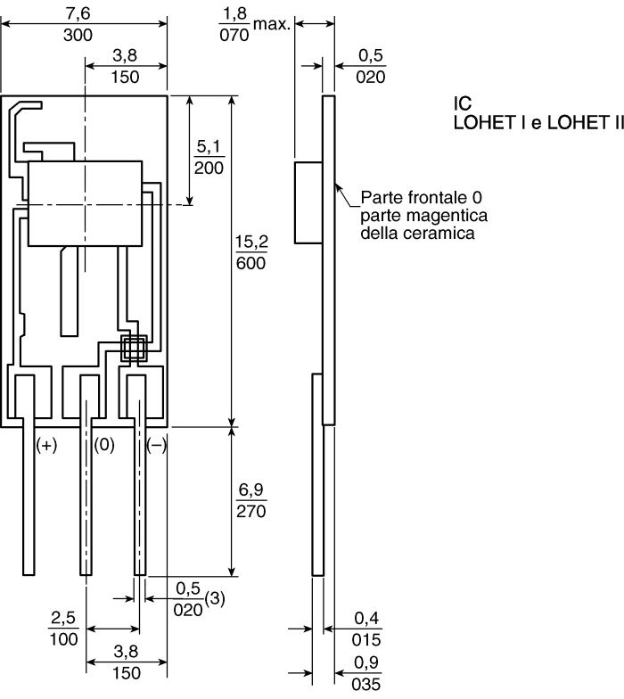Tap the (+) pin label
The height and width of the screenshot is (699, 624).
tap(46, 445)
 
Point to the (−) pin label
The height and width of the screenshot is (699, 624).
tap(156, 445)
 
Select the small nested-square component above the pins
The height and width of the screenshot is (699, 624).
tap(134, 348)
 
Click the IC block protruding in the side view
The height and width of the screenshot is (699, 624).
tap(308, 202)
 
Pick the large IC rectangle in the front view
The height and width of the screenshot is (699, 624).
tap(86, 202)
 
